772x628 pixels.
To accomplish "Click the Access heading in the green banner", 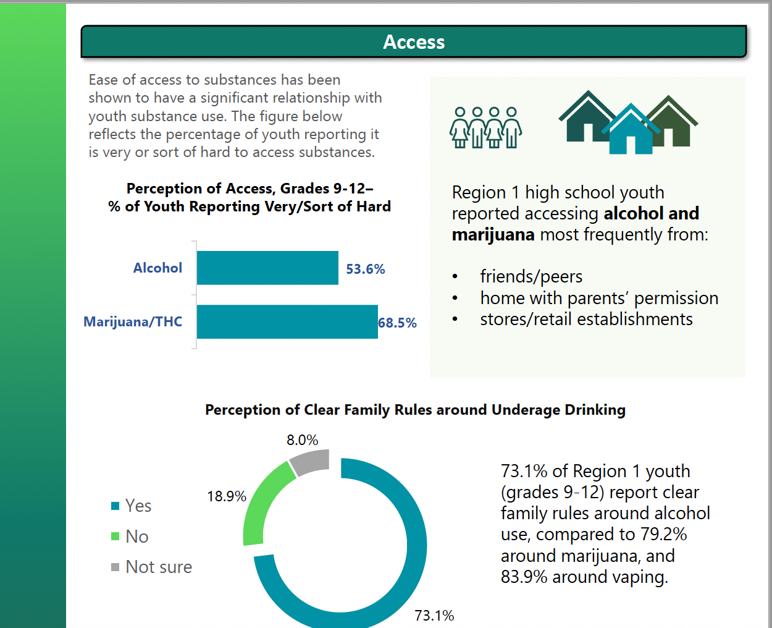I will click(414, 42).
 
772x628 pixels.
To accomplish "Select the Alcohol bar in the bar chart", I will click(267, 268).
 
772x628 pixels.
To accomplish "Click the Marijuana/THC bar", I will click(287, 321).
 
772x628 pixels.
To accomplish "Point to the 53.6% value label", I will click(365, 269).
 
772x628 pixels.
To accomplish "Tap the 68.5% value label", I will click(397, 323).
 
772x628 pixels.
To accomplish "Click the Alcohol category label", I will click(157, 268).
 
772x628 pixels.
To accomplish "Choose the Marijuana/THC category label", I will click(133, 321).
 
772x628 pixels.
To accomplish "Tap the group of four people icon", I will click(486, 127).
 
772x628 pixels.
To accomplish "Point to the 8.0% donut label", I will click(302, 440).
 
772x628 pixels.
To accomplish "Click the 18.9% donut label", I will click(226, 496).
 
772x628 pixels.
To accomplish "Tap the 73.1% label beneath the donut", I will click(434, 616).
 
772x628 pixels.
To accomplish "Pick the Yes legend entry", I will click(138, 506).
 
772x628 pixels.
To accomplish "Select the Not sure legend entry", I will click(158, 567).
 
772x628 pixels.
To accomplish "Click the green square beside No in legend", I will click(115, 537).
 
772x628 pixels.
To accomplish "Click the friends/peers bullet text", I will click(531, 276).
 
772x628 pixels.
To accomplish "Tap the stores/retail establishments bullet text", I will click(586, 319).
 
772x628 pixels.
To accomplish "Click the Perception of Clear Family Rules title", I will click(415, 410).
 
